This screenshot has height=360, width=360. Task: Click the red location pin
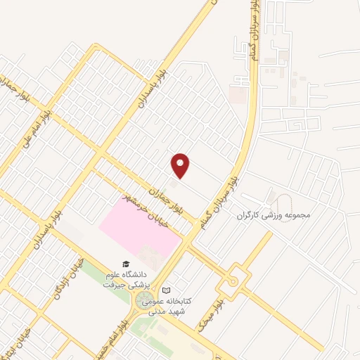click(181, 166)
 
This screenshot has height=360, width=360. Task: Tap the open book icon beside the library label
click(166, 290)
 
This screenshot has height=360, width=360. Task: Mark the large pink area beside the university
click(139, 229)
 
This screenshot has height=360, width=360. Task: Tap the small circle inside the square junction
click(233, 281)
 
